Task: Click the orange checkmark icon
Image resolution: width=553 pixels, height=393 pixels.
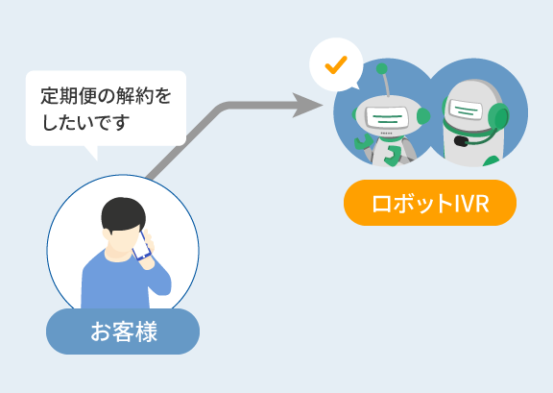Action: point(336,65)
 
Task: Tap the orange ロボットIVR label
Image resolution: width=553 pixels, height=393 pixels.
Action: point(430,203)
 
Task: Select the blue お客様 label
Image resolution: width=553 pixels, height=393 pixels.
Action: point(123,332)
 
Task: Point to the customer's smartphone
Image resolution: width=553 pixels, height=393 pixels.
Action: point(141,246)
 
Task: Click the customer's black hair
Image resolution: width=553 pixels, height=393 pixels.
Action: point(123,214)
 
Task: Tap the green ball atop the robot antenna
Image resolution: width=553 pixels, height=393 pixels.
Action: point(381,68)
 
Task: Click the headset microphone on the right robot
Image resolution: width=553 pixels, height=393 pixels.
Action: point(461,141)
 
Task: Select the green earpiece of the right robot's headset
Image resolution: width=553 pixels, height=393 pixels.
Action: point(498,117)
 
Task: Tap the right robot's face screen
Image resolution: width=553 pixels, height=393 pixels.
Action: point(466,110)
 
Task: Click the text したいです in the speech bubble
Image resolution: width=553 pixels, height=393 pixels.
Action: point(85,123)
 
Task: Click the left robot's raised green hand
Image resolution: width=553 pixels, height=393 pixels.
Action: point(363,141)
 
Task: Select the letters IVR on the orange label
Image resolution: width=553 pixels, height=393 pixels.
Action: point(472,204)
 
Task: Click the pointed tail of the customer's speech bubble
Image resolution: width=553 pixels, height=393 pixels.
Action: point(92,153)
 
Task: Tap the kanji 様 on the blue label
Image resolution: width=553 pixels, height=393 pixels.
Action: point(146,332)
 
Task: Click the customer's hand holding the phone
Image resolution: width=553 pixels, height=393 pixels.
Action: point(148,251)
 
